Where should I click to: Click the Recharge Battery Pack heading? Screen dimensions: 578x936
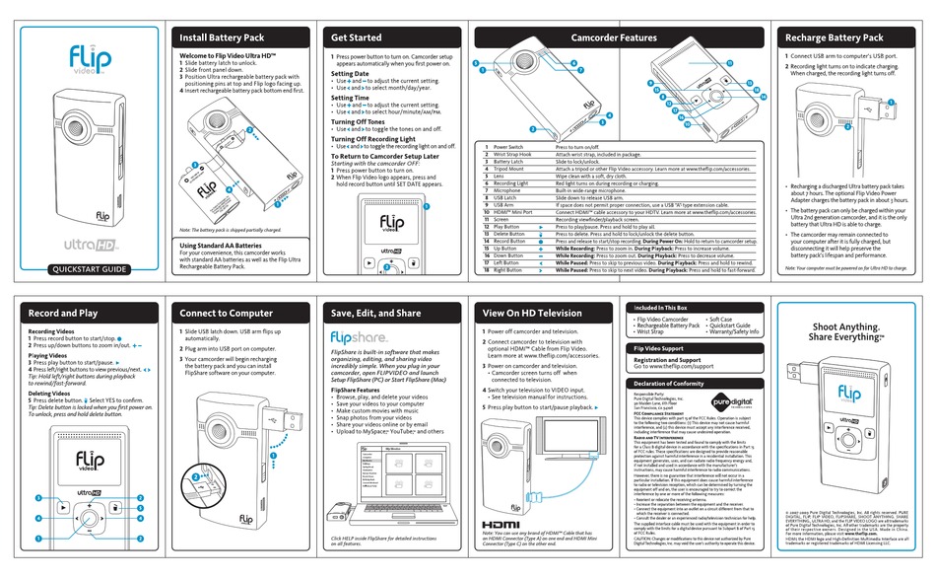(833, 37)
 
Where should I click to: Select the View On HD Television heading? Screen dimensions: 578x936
(532, 314)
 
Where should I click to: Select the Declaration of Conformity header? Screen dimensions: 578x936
(669, 383)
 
